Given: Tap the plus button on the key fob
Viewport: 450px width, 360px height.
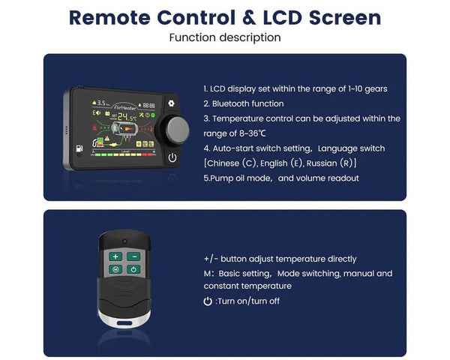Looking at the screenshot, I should pyautogui.click(x=116, y=256).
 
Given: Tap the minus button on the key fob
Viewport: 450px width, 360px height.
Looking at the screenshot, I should pyautogui.click(x=133, y=256).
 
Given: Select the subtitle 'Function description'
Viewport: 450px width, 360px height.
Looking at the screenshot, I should pyautogui.click(x=225, y=37).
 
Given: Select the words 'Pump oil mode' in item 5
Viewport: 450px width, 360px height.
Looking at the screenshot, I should pyautogui.click(x=232, y=178).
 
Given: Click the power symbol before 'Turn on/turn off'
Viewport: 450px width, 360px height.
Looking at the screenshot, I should pyautogui.click(x=208, y=301).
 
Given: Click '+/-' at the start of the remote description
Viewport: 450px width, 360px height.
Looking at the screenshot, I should pyautogui.click(x=211, y=259).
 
